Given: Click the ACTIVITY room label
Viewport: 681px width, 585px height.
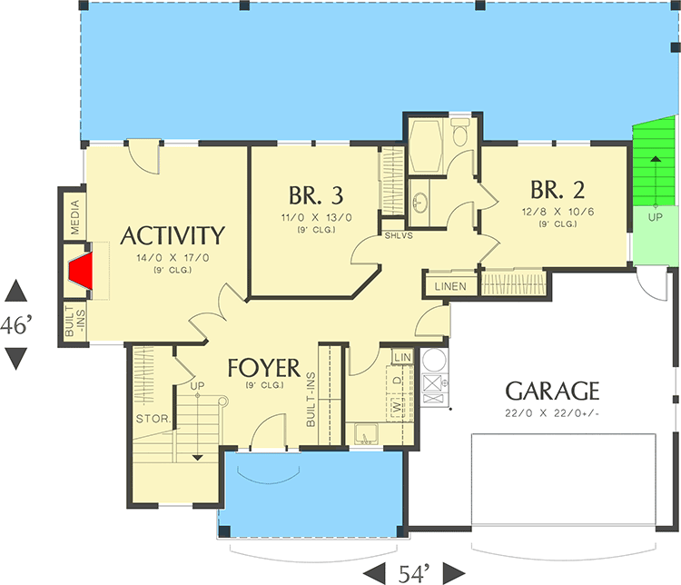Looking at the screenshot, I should [173, 236].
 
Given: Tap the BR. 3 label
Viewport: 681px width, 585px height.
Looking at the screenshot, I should [316, 195].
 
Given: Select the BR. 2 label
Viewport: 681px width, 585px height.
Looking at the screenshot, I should [558, 190].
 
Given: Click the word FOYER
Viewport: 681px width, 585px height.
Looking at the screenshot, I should [263, 368].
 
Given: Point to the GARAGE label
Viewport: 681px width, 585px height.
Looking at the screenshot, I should [552, 392].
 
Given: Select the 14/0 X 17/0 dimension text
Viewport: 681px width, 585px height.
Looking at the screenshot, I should [173, 258].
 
